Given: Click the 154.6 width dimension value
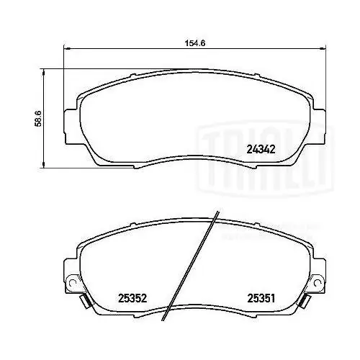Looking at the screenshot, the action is (194, 43).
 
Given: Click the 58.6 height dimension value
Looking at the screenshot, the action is (38, 119).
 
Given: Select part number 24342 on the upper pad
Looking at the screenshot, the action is (261, 150).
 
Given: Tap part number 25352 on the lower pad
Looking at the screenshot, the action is (132, 299).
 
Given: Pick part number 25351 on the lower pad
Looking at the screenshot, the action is (261, 299).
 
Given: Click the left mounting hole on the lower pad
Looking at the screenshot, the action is (71, 283).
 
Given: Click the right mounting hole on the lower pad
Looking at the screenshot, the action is (318, 283).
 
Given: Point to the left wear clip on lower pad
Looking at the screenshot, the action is (85, 301).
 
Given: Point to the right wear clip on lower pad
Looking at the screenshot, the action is (305, 301).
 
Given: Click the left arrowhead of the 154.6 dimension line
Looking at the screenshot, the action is (66, 49).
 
